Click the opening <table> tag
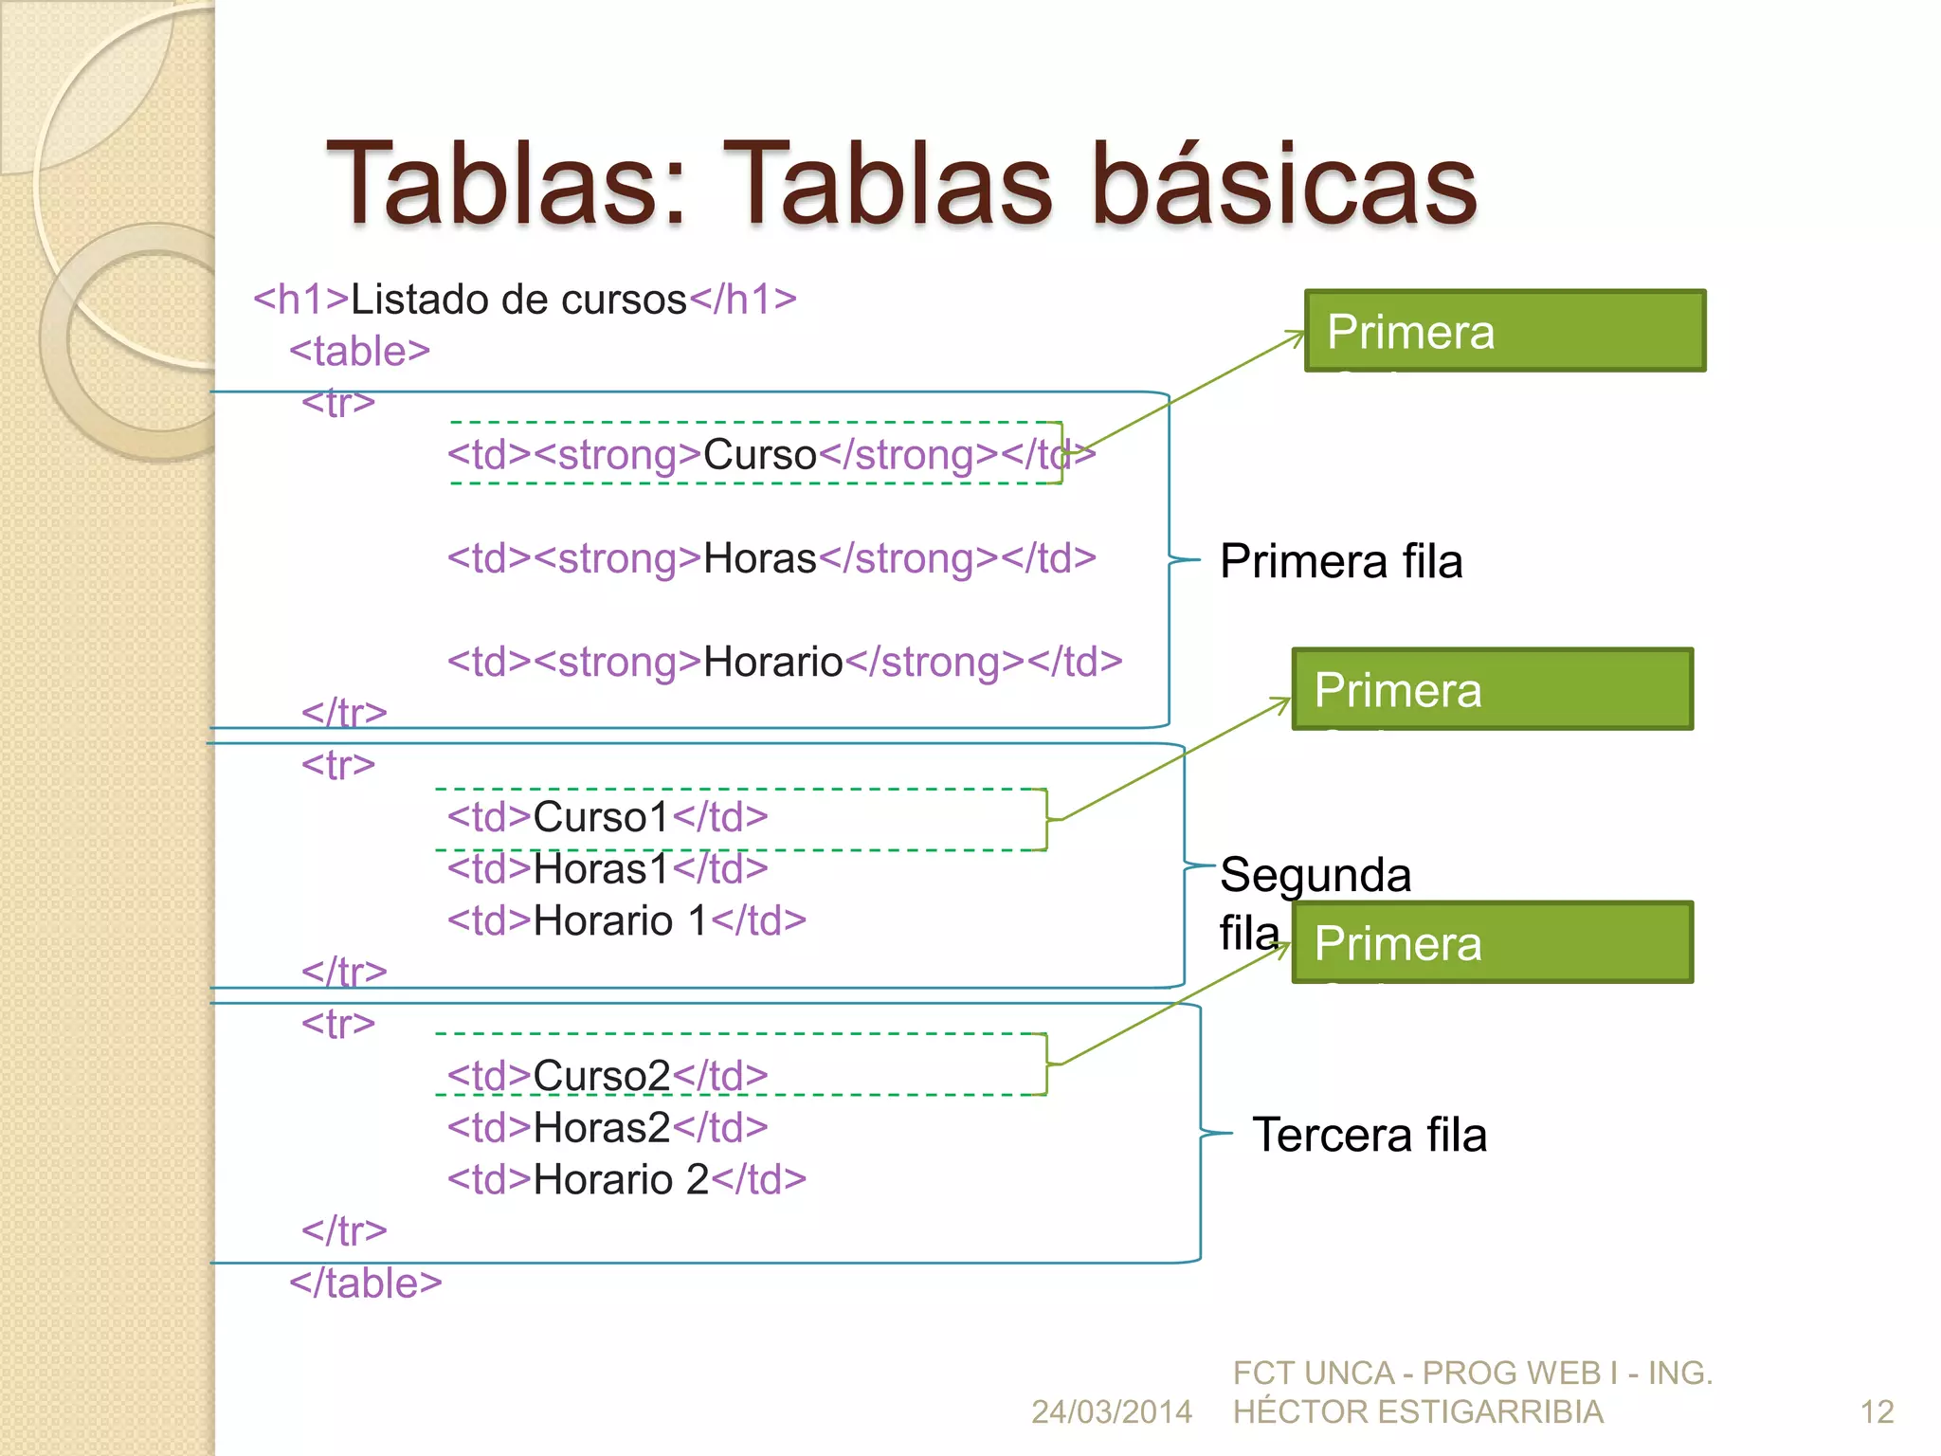click(359, 352)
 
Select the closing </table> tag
click(365, 1283)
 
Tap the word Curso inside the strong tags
click(759, 455)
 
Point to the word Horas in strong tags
click(759, 558)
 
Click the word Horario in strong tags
click(772, 662)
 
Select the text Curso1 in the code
click(601, 817)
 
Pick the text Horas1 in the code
click(601, 869)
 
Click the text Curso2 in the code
click(601, 1076)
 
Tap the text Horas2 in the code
click(601, 1128)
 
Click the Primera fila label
click(1341, 561)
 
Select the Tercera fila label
click(1370, 1135)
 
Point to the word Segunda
click(1315, 874)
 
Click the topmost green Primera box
click(1505, 331)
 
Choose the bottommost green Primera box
click(1493, 942)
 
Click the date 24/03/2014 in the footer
click(1111, 1412)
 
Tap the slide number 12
click(1877, 1412)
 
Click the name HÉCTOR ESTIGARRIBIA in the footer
click(1418, 1412)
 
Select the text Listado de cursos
click(518, 300)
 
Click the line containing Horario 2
click(626, 1180)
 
